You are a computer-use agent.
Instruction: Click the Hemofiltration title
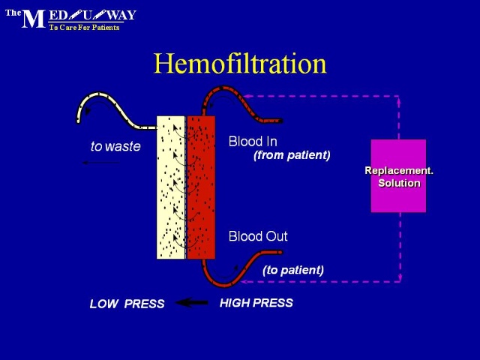pos(240,64)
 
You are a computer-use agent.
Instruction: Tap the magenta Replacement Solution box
pos(398,175)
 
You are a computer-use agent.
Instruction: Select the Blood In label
pos(253,142)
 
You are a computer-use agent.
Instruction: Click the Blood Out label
pos(258,236)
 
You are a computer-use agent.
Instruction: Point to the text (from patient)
pos(292,155)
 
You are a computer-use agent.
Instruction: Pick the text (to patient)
pos(293,270)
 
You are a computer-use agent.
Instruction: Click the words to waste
pos(115,146)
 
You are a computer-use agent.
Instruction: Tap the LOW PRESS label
pos(127,304)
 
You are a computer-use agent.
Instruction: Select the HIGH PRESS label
pos(256,303)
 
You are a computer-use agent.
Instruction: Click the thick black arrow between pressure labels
pos(192,303)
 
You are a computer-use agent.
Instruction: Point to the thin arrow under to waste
pos(101,163)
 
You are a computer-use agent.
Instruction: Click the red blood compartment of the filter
pos(201,187)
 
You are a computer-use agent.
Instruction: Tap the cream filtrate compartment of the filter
pos(171,187)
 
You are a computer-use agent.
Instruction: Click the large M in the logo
pos(33,19)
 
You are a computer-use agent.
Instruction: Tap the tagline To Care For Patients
pos(84,28)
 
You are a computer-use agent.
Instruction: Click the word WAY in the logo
pos(121,15)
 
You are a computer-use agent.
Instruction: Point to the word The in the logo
pos(13,13)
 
